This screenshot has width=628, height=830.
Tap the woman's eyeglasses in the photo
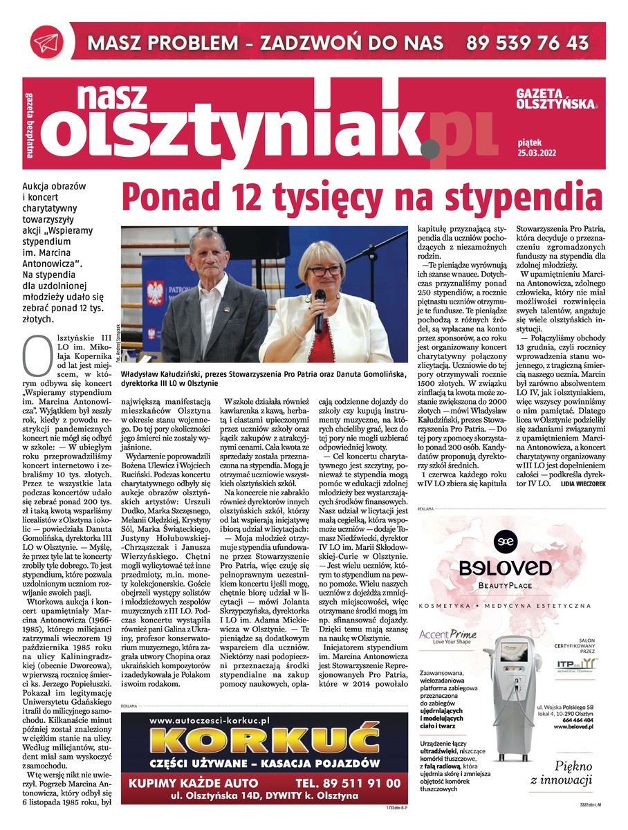tap(324, 270)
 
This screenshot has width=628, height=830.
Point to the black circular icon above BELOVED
tap(506, 539)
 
